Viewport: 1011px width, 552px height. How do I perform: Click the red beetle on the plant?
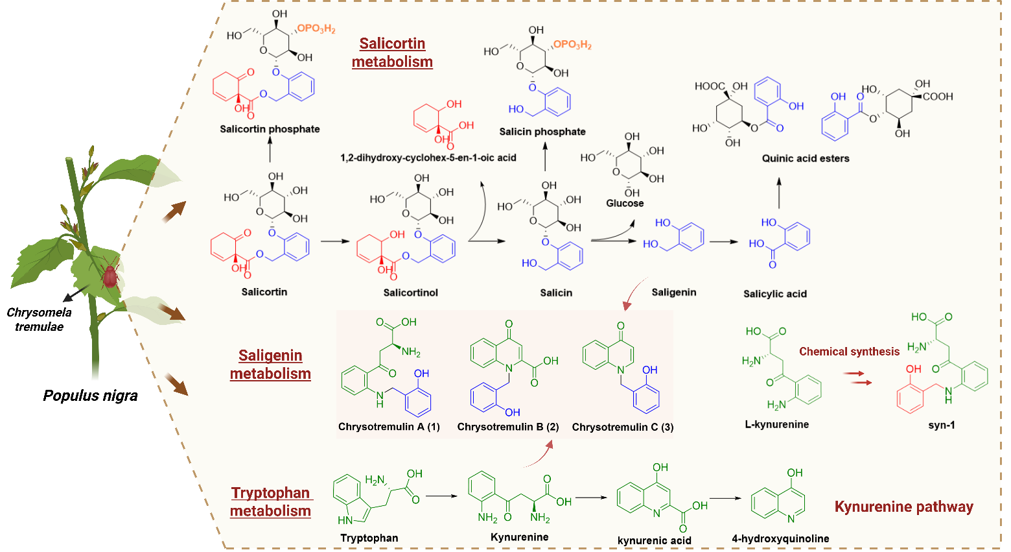pyautogui.click(x=110, y=274)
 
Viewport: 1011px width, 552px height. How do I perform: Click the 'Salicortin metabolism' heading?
pyautogui.click(x=392, y=53)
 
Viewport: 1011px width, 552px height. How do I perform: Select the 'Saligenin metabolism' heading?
pyautogui.click(x=270, y=365)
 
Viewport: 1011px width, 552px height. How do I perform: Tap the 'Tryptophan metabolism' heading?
pyautogui.click(x=270, y=501)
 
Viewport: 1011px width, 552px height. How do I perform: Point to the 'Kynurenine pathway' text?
pyautogui.click(x=903, y=507)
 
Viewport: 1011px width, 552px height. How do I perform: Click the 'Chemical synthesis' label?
pyautogui.click(x=849, y=352)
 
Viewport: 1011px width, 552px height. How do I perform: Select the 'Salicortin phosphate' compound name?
pyautogui.click(x=270, y=129)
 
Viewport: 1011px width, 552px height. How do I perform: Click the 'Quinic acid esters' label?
pyautogui.click(x=806, y=158)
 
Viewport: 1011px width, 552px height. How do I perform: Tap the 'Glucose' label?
pyautogui.click(x=625, y=203)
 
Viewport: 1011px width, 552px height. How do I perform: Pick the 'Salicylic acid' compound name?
pyautogui.click(x=775, y=294)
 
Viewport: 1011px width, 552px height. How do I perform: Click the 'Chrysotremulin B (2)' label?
pyautogui.click(x=508, y=427)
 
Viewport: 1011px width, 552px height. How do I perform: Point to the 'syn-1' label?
pyautogui.click(x=942, y=425)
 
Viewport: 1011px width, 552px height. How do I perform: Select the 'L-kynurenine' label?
pyautogui.click(x=777, y=424)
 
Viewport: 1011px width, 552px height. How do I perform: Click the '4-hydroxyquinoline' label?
pyautogui.click(x=780, y=538)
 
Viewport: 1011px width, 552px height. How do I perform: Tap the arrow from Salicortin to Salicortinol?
pyautogui.click(x=334, y=241)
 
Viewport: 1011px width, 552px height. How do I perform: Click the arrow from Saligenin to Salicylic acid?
pyautogui.click(x=723, y=242)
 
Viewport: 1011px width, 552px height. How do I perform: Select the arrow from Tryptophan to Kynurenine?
pyautogui.click(x=441, y=497)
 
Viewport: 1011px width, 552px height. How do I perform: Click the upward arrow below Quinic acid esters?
pyautogui.click(x=779, y=194)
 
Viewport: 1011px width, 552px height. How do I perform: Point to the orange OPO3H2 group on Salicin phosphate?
pyautogui.click(x=572, y=45)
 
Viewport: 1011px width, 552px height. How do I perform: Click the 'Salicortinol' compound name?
pyautogui.click(x=410, y=293)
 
